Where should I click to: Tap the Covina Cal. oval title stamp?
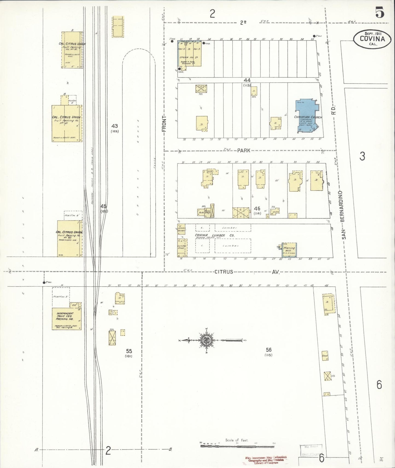click(372, 39)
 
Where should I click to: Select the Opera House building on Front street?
click(189, 54)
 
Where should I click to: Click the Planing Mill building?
click(289, 250)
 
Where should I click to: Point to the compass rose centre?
click(206, 340)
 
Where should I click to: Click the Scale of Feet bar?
click(237, 446)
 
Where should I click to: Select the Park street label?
click(244, 150)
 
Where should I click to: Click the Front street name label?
click(164, 123)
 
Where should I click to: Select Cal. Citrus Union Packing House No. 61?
click(67, 123)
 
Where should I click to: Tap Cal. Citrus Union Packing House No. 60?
click(69, 238)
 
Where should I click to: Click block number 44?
click(247, 80)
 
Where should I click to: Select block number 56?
click(268, 350)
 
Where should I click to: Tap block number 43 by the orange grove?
click(115, 126)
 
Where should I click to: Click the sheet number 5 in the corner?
click(379, 13)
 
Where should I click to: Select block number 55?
click(129, 351)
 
